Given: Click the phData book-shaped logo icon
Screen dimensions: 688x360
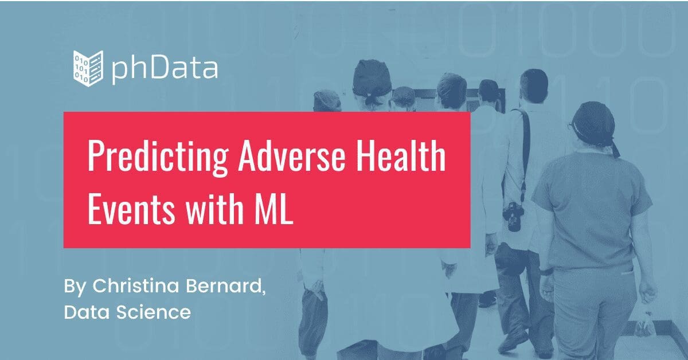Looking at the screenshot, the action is [x=88, y=68].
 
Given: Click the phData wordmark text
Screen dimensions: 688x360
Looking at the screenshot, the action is [x=165, y=69].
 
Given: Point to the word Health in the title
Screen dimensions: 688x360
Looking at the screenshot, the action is [x=401, y=155].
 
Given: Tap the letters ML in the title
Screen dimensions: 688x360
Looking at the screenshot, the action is [x=273, y=209].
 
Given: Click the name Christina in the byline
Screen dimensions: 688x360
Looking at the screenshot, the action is [x=136, y=285].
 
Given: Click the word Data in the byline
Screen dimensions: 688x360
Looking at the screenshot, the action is [x=87, y=312].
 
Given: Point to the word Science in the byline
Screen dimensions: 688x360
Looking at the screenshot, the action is [x=154, y=312].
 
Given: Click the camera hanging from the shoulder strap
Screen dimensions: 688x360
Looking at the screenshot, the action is [x=513, y=216].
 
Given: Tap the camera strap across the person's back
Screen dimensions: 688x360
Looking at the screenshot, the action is [x=523, y=154].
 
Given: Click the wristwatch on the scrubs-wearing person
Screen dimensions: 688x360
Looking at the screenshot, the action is [x=546, y=272].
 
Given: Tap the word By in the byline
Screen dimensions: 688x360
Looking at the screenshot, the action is [x=75, y=287].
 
